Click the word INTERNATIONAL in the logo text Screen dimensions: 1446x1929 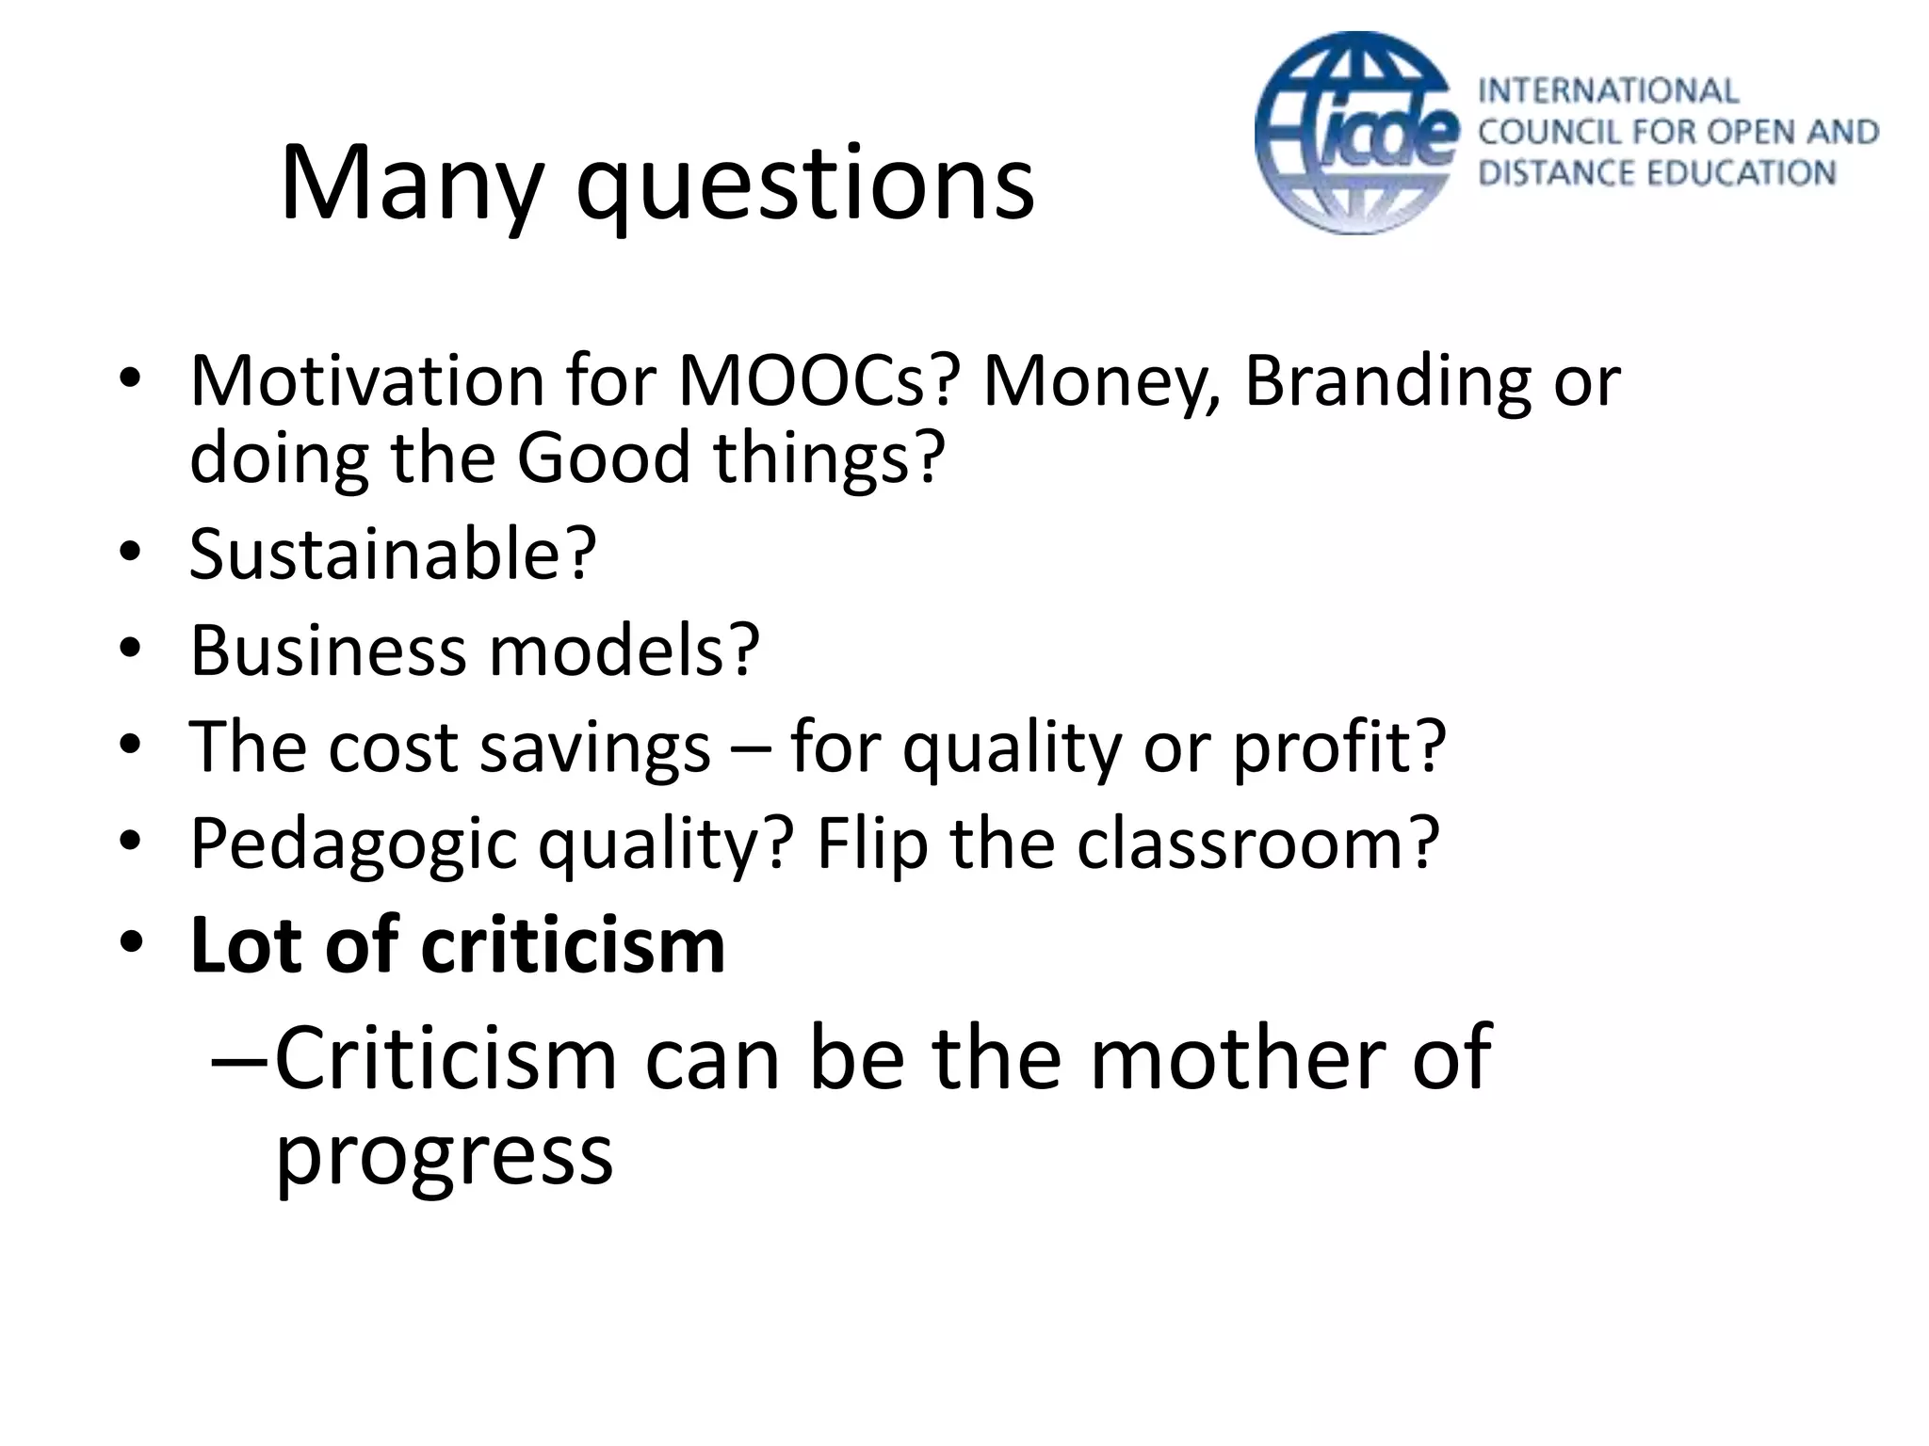1608,91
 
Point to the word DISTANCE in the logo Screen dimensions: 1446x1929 1551,173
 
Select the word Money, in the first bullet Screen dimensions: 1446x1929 1101,381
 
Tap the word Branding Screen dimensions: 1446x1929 1387,381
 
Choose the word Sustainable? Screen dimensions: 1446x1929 393,554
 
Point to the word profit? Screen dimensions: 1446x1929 1338,747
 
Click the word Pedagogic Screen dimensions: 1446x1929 353,843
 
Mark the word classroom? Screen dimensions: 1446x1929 1257,843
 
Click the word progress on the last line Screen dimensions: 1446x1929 444,1156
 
